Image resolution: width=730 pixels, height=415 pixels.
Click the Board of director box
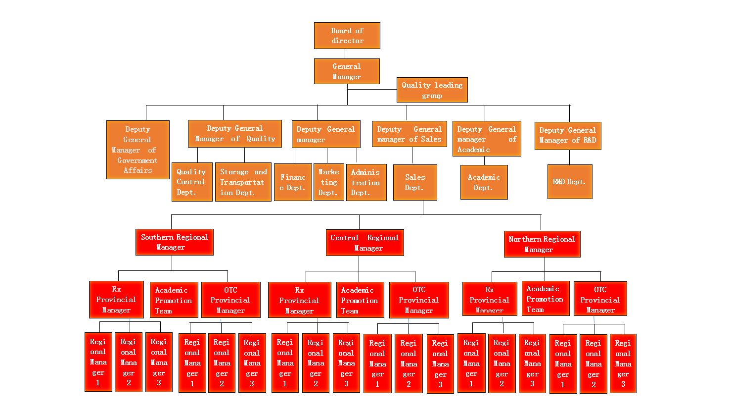[x=347, y=36]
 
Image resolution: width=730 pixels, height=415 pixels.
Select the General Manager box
[x=347, y=71]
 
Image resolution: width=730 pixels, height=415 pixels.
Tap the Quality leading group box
[x=432, y=90]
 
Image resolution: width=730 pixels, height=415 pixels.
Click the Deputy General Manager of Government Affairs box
[x=138, y=150]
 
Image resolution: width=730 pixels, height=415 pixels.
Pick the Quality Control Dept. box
[x=192, y=182]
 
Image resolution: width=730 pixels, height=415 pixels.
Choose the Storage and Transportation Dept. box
[x=243, y=182]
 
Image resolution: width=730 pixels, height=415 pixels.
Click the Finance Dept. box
[x=293, y=182]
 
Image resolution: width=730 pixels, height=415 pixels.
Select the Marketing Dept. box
[x=329, y=182]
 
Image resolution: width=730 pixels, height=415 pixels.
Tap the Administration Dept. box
[x=366, y=182]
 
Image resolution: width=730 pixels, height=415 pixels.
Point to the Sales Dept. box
[x=415, y=182]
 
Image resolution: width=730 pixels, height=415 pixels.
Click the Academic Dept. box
[x=484, y=182]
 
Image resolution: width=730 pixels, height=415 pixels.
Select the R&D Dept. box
[x=570, y=182]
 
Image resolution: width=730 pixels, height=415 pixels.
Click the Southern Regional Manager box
[x=175, y=242]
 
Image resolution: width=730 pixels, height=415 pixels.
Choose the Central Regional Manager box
[x=365, y=243]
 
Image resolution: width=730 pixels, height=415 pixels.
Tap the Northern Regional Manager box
[x=542, y=244]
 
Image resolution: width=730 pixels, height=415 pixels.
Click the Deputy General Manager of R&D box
[x=568, y=136]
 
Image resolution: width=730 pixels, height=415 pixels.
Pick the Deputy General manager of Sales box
[x=410, y=134]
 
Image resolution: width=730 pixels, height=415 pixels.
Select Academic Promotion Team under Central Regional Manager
[x=360, y=300]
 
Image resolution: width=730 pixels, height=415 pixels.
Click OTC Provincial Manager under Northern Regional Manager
[x=600, y=299]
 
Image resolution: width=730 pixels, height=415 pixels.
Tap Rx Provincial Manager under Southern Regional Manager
[x=116, y=300]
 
